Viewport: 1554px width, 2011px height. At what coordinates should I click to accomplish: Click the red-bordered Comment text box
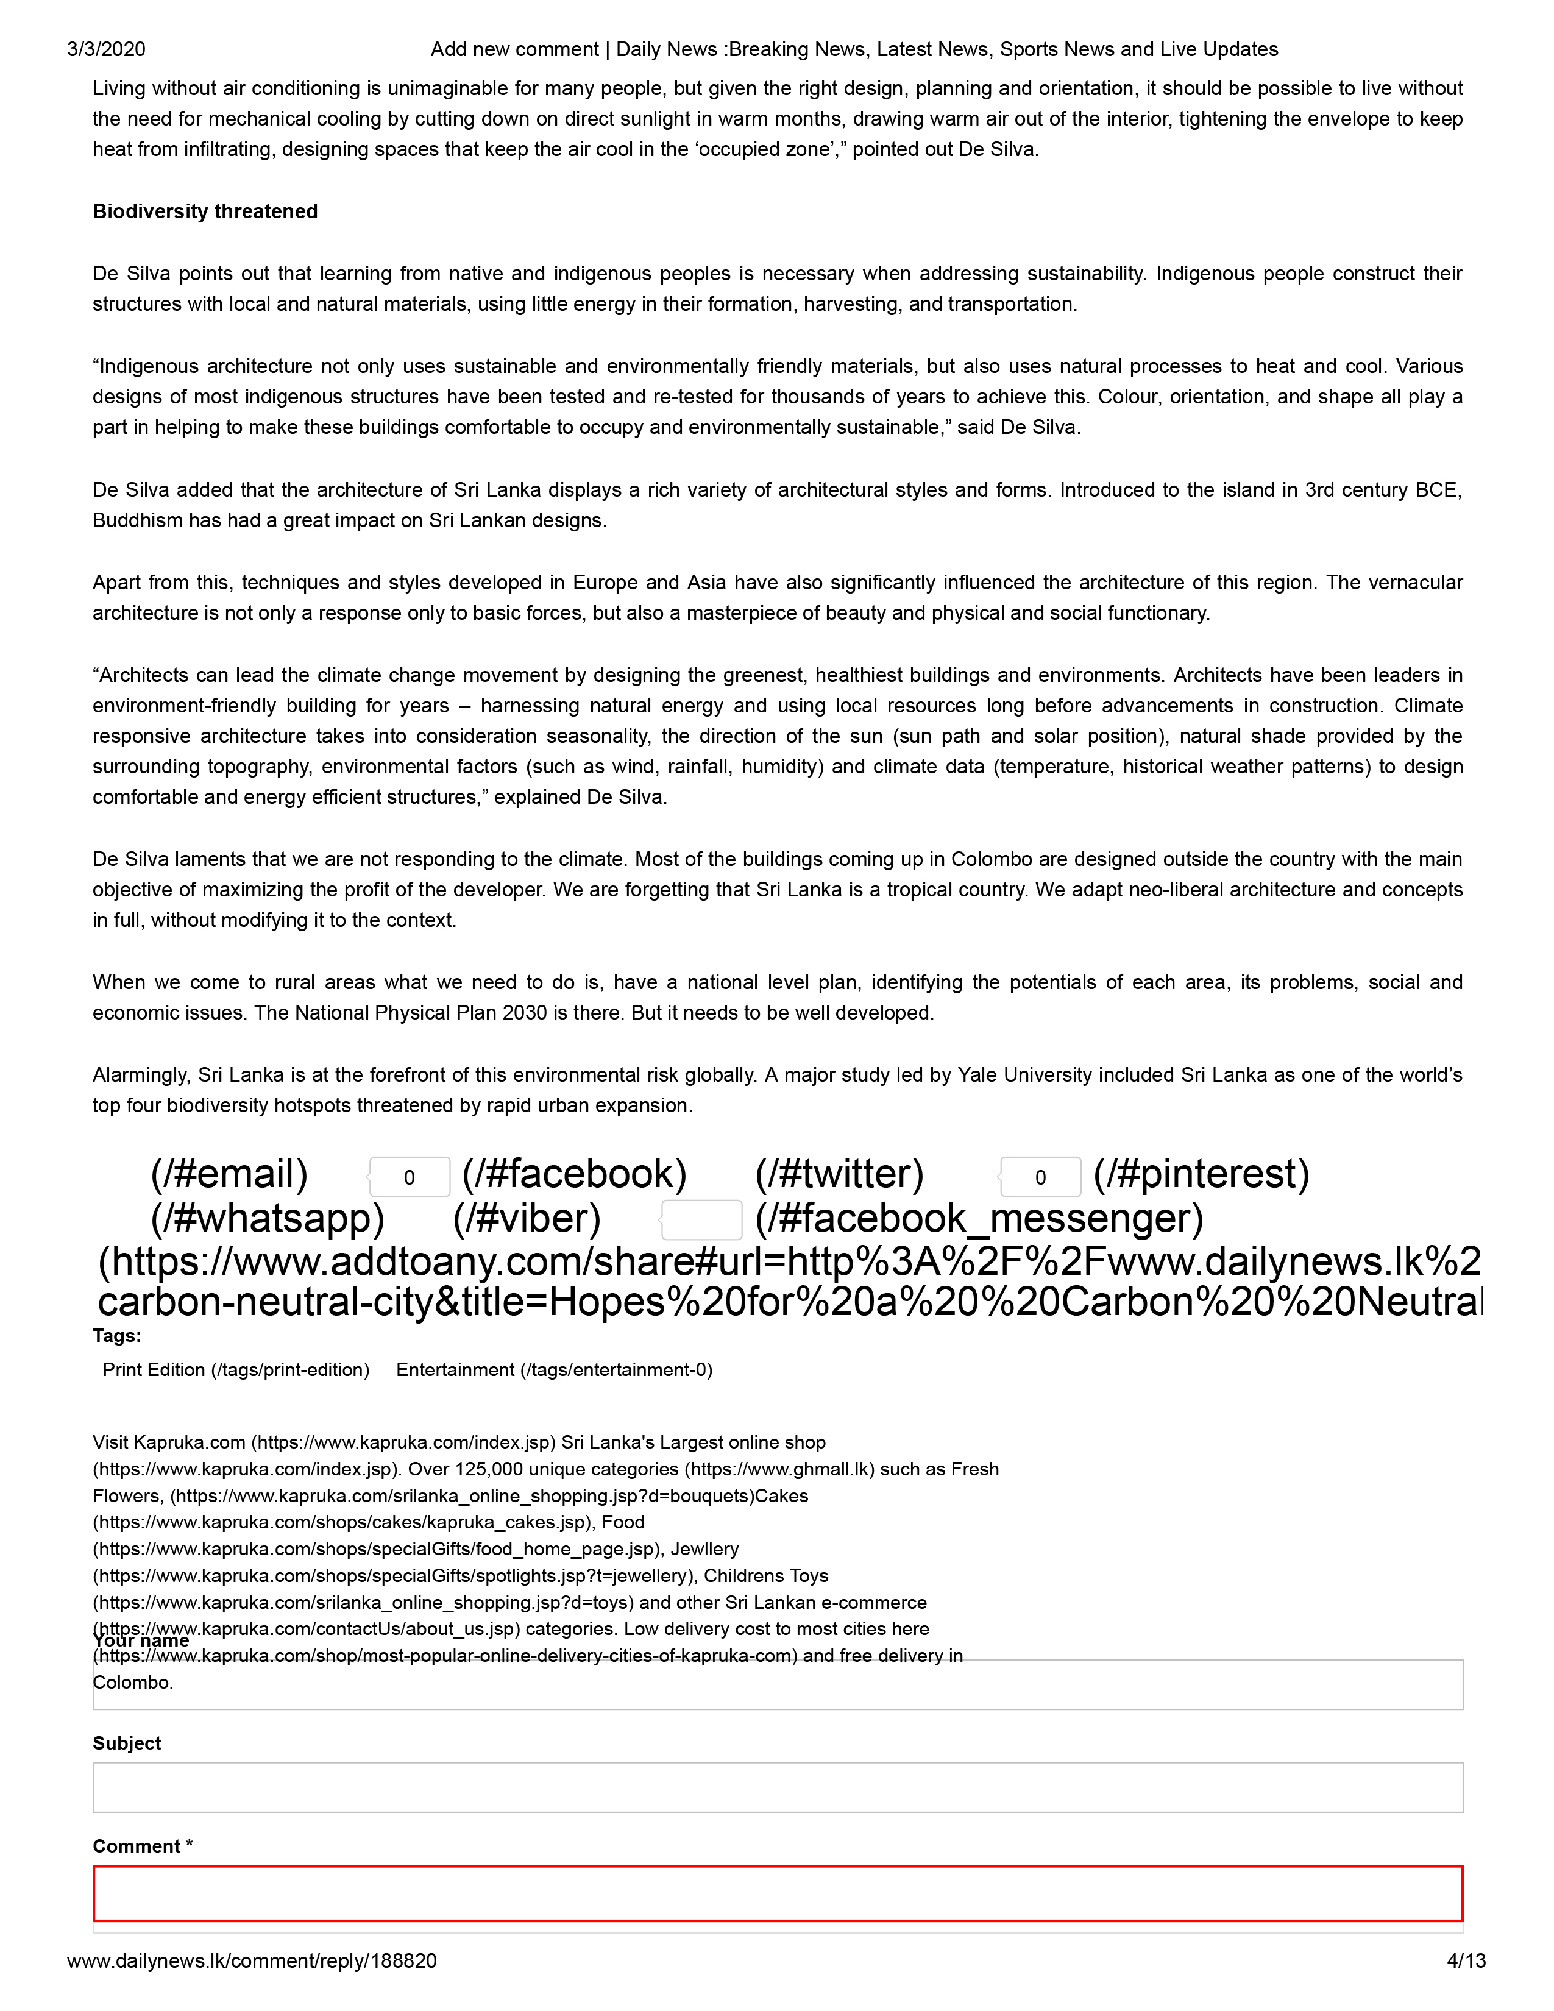777,1893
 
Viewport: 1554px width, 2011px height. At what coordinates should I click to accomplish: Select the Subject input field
777,1787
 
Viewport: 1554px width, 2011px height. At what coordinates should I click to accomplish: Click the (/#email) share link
229,1174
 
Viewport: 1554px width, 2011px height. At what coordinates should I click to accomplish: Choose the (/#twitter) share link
839,1174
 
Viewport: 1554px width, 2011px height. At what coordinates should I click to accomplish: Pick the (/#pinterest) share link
1201,1174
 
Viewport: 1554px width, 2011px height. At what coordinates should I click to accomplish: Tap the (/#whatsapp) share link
267,1218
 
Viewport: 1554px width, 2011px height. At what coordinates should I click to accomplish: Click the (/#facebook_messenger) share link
979,1218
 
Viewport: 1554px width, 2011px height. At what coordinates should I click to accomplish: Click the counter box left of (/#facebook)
409,1177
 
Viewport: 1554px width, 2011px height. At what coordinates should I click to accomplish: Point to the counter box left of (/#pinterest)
1040,1177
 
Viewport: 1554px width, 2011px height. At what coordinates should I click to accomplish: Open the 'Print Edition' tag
236,1369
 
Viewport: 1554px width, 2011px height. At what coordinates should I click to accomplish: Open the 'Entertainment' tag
554,1369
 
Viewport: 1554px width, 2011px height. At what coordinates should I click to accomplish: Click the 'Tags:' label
117,1335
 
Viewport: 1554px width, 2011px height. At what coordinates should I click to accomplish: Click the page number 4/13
1466,1961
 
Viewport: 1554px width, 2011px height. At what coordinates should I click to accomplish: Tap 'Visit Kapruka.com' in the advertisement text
169,1442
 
